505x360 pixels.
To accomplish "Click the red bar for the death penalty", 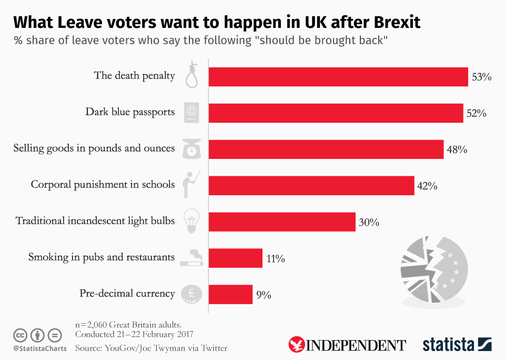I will click(338, 77).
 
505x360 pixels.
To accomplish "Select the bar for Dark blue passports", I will click(336, 113).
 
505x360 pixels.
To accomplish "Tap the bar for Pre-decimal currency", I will click(230, 294).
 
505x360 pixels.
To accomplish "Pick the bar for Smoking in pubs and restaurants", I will click(235, 258).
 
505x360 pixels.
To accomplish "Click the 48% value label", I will click(457, 149).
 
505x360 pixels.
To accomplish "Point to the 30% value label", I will click(369, 223).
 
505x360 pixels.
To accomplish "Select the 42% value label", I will click(427, 186).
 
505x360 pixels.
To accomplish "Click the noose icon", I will click(192, 74).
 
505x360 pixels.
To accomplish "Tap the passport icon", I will click(191, 113).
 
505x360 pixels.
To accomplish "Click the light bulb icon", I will click(191, 221).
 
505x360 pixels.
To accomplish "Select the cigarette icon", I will click(191, 257).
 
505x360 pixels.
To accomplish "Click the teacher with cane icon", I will click(190, 184).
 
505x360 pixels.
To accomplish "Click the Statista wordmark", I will click(448, 345).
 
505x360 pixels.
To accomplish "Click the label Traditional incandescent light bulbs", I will click(95, 221).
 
